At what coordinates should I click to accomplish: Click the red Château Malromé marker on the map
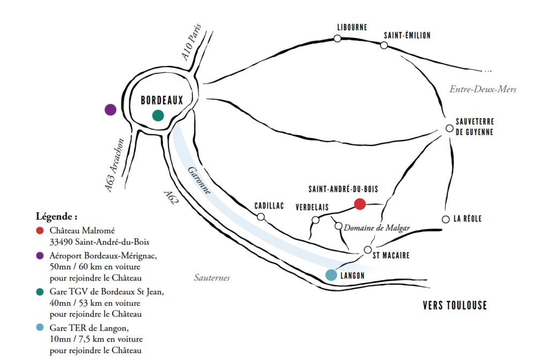coord(360,204)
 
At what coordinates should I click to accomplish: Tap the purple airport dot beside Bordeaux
coord(110,110)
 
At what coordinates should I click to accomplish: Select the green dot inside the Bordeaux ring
coord(158,115)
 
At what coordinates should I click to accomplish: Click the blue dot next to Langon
coord(331,275)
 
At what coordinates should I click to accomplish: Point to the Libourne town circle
coord(338,39)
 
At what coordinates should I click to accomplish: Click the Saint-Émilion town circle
coord(384,45)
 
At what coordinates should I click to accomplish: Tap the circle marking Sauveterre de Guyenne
coord(450,128)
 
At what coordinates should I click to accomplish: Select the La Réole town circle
coord(446,219)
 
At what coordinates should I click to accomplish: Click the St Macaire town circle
coord(368,250)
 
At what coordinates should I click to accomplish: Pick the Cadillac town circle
coord(261,217)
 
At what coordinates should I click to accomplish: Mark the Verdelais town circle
coord(315,220)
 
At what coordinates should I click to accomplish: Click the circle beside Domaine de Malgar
coord(339,226)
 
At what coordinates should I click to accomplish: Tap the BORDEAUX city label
coord(162,101)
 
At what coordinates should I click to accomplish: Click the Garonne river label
coord(199,180)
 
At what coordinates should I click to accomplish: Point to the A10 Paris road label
coord(191,42)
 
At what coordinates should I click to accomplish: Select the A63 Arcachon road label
coord(115,165)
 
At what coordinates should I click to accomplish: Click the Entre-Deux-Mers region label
coord(483,90)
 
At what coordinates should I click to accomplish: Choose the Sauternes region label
coord(212,277)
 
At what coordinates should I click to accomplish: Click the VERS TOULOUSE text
coord(455,305)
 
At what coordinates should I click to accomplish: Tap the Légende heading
coord(56,216)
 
